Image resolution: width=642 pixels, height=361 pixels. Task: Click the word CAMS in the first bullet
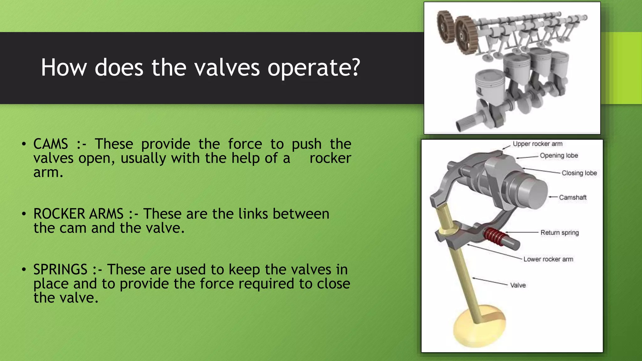click(50, 144)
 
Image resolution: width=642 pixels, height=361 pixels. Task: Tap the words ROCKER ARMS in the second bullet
click(78, 214)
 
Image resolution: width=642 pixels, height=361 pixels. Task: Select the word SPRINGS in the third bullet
click(60, 269)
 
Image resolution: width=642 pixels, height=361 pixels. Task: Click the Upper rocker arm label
click(538, 144)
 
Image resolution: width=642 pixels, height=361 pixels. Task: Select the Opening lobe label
click(559, 155)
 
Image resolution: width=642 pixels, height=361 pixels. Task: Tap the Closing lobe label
click(579, 173)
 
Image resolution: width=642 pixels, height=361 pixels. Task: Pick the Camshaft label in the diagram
click(572, 197)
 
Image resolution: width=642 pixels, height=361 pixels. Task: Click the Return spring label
click(560, 233)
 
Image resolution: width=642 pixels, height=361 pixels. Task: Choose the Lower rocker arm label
click(548, 259)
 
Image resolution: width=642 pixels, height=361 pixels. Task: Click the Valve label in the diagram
click(518, 285)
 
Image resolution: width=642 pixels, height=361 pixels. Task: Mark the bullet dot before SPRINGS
click(24, 269)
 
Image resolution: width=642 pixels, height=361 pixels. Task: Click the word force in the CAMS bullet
click(245, 144)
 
